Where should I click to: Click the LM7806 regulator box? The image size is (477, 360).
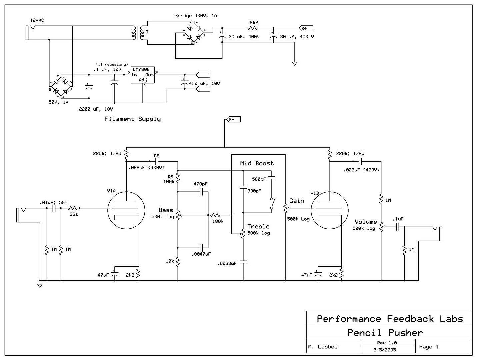[143, 75]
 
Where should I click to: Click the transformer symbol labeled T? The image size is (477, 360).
[139, 32]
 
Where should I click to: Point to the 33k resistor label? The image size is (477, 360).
[74, 214]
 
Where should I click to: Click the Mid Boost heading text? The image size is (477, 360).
[257, 163]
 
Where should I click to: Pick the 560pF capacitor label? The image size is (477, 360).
[259, 179]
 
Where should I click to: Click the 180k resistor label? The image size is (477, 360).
[218, 221]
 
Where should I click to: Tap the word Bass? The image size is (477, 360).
[166, 210]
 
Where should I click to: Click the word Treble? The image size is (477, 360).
[258, 227]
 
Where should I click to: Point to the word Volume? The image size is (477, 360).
[366, 222]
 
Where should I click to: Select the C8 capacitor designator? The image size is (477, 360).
[157, 156]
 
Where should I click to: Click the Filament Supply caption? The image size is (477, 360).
[132, 119]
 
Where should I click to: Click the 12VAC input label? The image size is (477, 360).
[37, 20]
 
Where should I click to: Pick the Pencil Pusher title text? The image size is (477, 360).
[385, 332]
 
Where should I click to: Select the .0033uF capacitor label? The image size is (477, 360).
[227, 263]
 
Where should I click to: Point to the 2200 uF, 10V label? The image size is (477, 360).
[96, 109]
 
